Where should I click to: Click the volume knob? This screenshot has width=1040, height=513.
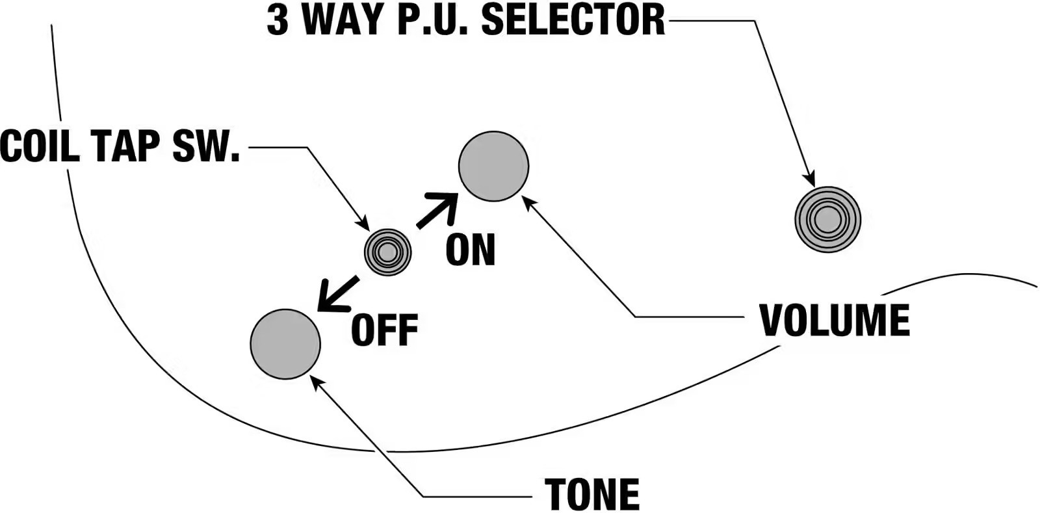(x=493, y=166)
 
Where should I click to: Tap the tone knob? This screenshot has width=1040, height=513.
(x=285, y=344)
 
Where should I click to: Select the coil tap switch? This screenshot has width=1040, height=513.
(x=387, y=252)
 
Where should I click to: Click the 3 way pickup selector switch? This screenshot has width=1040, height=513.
(x=827, y=220)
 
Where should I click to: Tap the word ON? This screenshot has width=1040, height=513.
(x=471, y=250)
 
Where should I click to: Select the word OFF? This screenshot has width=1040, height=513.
(x=384, y=330)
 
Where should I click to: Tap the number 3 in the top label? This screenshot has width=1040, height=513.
(x=278, y=20)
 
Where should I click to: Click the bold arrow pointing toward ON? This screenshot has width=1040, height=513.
(x=438, y=210)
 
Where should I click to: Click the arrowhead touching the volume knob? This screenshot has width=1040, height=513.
(x=529, y=202)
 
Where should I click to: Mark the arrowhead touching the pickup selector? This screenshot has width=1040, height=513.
(x=809, y=179)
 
